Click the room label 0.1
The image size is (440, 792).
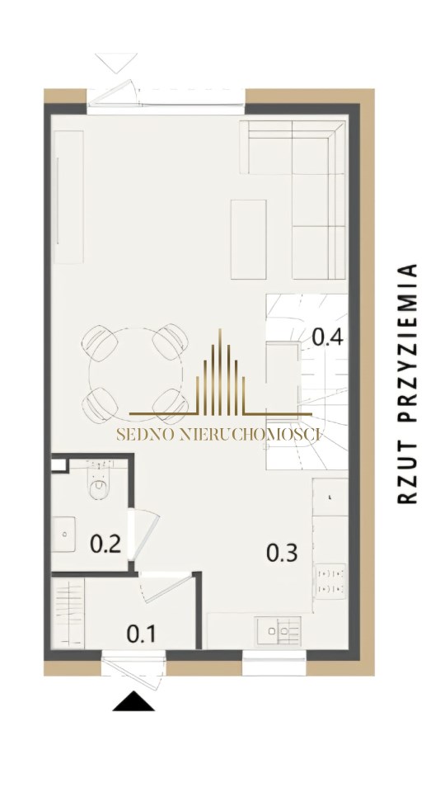141,634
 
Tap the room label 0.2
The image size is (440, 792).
105,544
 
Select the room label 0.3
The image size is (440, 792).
282,553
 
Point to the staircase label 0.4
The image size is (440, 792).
328,337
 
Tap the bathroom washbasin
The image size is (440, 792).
63,534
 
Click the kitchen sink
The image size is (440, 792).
279,630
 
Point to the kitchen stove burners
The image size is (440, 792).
330,582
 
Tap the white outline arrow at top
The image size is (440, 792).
116,63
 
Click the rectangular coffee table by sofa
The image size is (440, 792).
249,239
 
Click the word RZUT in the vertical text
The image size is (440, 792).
407,472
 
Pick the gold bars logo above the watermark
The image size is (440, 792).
220,373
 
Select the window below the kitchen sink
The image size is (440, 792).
274,662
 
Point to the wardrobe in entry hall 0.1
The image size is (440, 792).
68,613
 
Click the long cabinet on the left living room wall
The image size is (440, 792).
68,197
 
